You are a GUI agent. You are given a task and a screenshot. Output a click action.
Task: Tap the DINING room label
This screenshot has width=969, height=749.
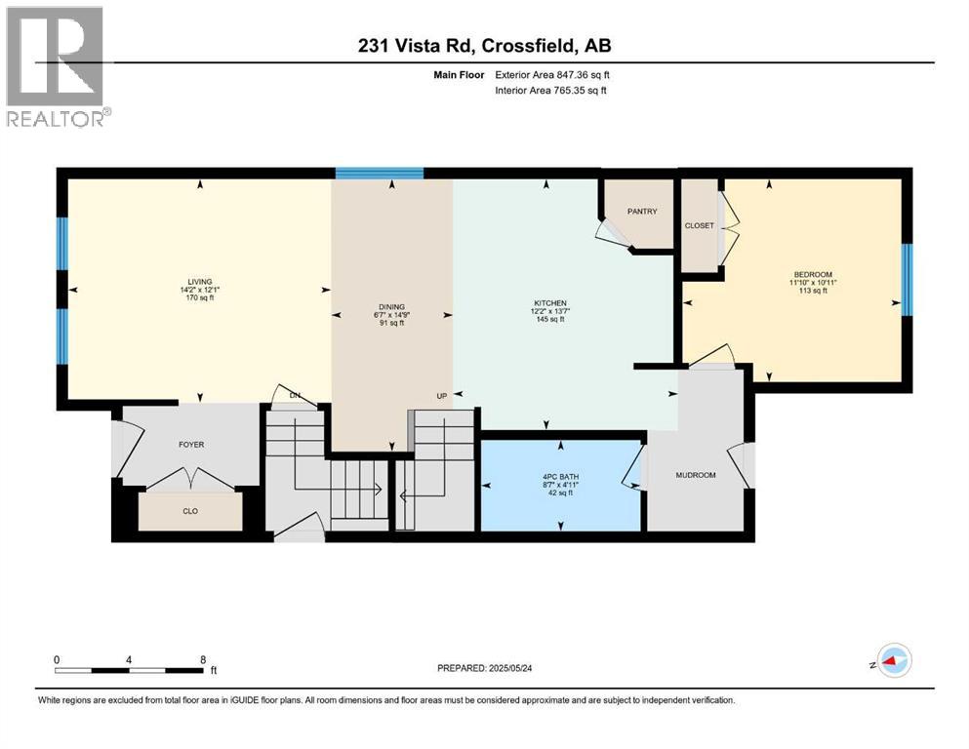click(392, 307)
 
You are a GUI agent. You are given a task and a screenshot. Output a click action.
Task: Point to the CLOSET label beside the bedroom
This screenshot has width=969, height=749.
click(699, 225)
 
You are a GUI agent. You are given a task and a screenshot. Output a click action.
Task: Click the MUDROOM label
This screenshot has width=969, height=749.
click(696, 475)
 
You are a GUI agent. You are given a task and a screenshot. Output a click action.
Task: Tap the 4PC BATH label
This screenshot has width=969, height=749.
click(561, 478)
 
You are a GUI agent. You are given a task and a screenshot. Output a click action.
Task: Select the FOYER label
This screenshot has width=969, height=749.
click(191, 444)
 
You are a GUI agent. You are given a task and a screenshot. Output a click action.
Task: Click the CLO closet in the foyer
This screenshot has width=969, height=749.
click(190, 511)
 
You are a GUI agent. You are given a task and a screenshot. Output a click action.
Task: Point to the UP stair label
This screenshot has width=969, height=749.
click(441, 396)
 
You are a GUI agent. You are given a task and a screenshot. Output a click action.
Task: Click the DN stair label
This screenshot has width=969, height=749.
click(295, 396)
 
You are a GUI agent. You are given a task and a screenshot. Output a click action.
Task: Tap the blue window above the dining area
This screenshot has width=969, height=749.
click(380, 174)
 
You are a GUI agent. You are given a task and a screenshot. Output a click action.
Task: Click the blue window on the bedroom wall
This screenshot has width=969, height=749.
click(907, 280)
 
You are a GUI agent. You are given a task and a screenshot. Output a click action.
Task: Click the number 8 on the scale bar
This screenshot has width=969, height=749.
click(202, 658)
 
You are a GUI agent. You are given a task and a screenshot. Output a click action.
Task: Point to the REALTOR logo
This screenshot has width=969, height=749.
click(55, 68)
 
